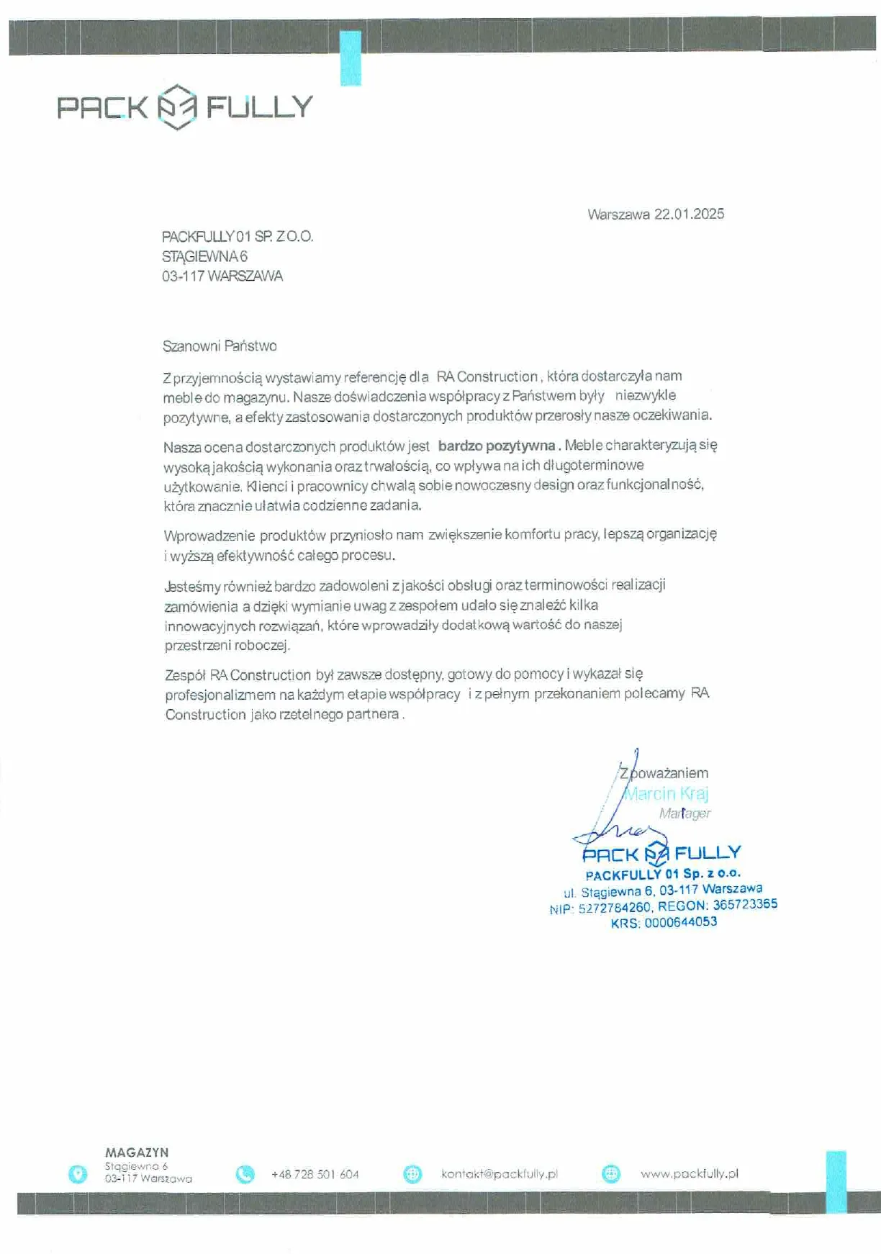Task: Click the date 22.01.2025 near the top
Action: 689,214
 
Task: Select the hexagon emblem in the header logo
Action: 176,107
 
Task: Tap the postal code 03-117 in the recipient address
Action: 183,276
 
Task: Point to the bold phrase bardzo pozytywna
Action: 496,446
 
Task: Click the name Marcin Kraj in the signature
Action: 666,793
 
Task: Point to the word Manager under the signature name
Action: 685,813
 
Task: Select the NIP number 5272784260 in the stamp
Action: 614,908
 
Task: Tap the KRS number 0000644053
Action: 680,922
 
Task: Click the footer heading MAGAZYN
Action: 137,1152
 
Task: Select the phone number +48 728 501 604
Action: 315,1174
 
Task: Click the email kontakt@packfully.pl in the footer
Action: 499,1174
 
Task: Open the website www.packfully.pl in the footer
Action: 689,1173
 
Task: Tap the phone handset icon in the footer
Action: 245,1174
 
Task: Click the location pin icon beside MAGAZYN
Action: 77,1174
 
